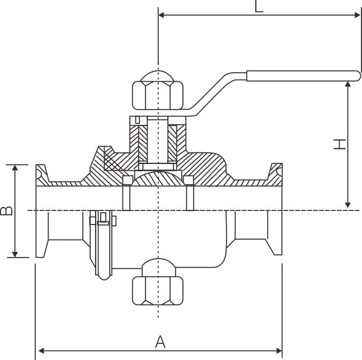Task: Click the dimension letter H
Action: coord(339,144)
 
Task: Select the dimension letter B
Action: coord(6,211)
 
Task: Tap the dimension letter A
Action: coord(159,340)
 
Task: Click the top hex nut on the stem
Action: coord(159,91)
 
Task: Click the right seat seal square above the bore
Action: coord(189,180)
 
